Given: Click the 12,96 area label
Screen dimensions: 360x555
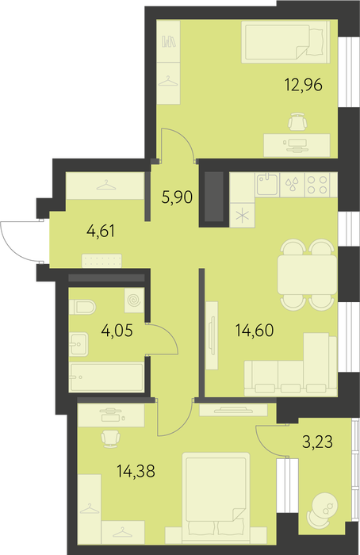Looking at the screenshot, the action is tap(304, 86).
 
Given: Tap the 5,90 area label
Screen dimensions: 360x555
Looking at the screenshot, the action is tap(177, 197).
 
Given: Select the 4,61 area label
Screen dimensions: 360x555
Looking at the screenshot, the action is tap(101, 232).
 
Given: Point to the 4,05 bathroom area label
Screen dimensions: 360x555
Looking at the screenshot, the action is tap(117, 331).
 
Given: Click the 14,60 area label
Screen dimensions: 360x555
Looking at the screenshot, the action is tap(255, 331).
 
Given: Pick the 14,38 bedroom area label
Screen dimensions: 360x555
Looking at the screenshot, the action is tap(136, 471).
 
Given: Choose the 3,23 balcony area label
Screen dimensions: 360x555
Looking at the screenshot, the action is tap(317, 442).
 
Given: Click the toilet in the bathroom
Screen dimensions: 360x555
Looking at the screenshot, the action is tap(82, 307).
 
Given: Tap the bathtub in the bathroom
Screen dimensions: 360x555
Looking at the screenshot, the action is tap(106, 377).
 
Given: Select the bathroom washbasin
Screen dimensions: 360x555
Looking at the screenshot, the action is tap(79, 344).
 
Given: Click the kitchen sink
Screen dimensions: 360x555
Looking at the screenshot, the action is tap(268, 184).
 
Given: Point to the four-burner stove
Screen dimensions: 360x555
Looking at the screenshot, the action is tap(317, 185).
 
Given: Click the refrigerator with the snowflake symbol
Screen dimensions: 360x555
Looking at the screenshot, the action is tap(242, 216).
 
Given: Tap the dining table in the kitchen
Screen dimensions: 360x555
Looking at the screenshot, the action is tap(307, 274).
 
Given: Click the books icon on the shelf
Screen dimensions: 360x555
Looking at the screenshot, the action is tap(169, 42).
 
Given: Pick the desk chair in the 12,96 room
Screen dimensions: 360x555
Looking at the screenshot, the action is tap(297, 122).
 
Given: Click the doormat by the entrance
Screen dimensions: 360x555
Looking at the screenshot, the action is tap(101, 261).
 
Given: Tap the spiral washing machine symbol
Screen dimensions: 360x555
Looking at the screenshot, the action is tap(134, 300).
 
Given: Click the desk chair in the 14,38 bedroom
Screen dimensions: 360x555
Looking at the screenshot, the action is tap(110, 438).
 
